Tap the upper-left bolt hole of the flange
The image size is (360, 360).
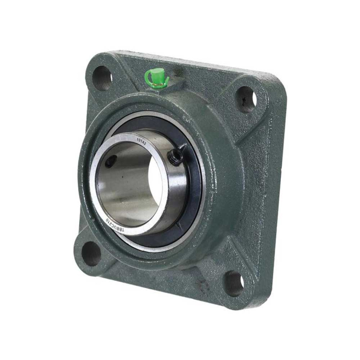pos(102,78)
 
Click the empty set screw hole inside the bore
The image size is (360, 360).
pos(110,161)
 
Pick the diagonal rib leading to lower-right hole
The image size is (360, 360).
pos(216,257)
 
